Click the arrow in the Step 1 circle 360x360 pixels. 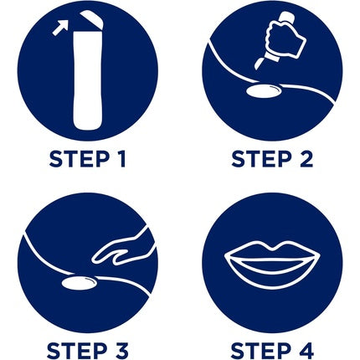click(60, 28)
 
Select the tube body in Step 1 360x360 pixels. click(87, 80)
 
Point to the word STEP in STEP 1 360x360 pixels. click(79, 159)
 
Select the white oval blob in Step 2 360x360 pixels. click(264, 91)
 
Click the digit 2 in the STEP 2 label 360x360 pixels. click(306, 159)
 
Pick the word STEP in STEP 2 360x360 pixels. click(261, 159)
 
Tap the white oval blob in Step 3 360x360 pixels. click(79, 282)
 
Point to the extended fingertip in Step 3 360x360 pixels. click(94, 260)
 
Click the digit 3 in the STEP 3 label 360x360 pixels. click(121, 351)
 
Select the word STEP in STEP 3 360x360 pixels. click(77, 351)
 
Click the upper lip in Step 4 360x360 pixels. click(272, 250)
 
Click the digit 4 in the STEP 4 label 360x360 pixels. click(306, 351)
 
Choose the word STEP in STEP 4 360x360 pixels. click(260, 351)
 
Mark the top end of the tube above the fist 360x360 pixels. click(287, 14)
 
